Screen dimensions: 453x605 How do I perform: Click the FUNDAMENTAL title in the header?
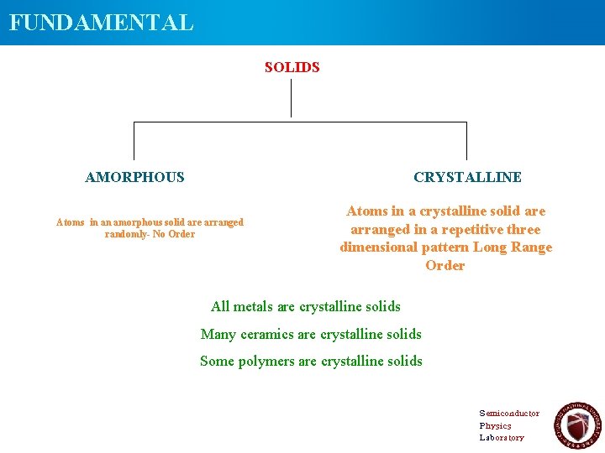pos(101,22)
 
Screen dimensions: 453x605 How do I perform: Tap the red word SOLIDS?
pos(292,67)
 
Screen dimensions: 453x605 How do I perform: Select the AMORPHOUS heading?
pos(134,177)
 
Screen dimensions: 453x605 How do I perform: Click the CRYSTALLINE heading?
pos(467,177)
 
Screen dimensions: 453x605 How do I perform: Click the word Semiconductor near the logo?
pos(509,414)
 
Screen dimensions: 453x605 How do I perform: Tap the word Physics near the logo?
pos(495,425)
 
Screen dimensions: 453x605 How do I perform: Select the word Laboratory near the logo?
pos(502,437)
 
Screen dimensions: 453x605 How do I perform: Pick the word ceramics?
pos(267,334)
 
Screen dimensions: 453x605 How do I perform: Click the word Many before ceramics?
pos(218,334)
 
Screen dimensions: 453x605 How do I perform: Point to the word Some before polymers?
pos(217,361)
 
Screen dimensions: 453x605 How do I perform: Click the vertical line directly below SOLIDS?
pos(291,98)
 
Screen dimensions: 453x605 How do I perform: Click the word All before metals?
pos(220,306)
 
